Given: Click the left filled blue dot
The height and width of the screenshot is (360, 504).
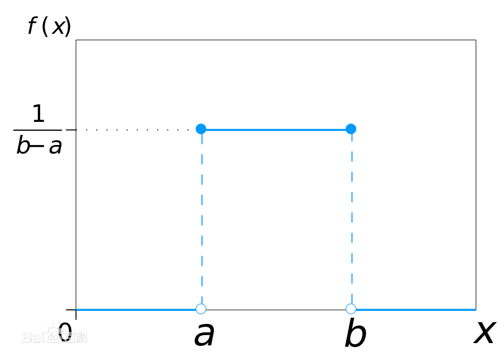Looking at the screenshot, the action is click(x=201, y=129).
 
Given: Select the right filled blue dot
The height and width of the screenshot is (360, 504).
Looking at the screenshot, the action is click(x=351, y=129).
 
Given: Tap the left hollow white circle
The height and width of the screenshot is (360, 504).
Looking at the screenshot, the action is click(x=201, y=309).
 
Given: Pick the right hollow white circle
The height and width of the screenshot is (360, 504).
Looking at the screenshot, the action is click(x=351, y=309).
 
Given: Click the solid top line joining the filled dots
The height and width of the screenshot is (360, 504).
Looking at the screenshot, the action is click(x=276, y=130).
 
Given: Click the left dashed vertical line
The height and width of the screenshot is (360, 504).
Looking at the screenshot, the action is click(x=201, y=220).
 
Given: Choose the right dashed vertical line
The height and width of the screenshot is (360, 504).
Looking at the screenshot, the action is click(x=352, y=220).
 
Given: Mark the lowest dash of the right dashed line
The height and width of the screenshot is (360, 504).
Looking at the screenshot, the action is click(x=352, y=296).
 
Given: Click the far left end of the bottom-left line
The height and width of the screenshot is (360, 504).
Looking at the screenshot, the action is click(x=77, y=309).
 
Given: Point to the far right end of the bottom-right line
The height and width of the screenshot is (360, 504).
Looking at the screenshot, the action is click(x=475, y=309).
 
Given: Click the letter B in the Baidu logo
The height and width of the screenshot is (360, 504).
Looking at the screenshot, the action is click(x=27, y=337).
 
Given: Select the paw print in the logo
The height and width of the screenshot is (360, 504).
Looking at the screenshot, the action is click(x=54, y=332).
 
